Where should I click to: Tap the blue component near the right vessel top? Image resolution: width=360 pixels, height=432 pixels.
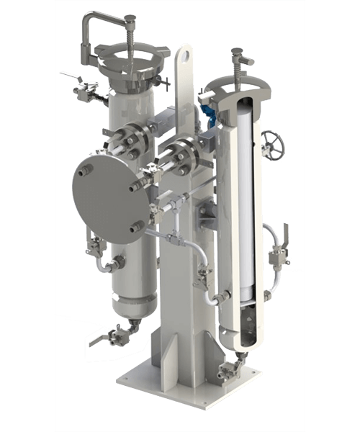point(208,110)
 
